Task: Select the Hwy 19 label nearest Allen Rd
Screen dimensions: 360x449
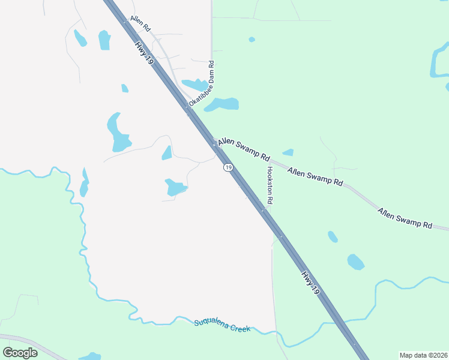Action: click(144, 54)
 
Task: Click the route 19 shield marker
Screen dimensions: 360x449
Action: click(228, 167)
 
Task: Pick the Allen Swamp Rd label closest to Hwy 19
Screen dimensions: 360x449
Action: click(244, 149)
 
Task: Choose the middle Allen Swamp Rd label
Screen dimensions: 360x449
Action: click(315, 176)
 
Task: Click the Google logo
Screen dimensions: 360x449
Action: click(20, 352)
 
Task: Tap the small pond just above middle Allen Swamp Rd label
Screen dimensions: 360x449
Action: click(289, 152)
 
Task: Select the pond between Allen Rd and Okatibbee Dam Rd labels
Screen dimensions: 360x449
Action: click(194, 85)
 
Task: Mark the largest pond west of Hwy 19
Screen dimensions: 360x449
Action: click(118, 134)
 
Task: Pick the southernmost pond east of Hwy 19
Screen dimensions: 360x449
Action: click(356, 262)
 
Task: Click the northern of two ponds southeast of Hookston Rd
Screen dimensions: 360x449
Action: click(333, 236)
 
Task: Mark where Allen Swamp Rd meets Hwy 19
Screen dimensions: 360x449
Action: click(215, 144)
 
